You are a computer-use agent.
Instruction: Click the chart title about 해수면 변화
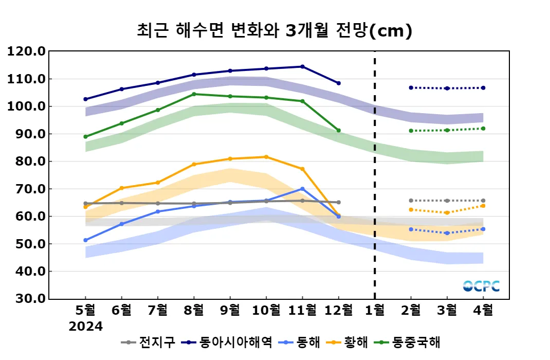(x=274, y=31)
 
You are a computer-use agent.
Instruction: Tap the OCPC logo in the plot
(x=481, y=286)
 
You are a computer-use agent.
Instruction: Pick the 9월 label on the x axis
(x=230, y=311)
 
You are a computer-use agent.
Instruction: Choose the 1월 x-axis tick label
(x=375, y=311)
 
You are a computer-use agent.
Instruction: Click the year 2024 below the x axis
(x=86, y=327)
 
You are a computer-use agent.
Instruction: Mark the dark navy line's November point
(x=302, y=66)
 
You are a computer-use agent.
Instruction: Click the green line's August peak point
(x=194, y=94)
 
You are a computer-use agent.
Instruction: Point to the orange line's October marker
(x=266, y=157)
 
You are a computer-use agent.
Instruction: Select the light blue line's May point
(x=85, y=240)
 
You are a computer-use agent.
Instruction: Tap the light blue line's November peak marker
(x=302, y=189)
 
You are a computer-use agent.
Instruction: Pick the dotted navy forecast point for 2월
(x=411, y=87)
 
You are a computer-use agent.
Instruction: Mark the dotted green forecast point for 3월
(x=447, y=130)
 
